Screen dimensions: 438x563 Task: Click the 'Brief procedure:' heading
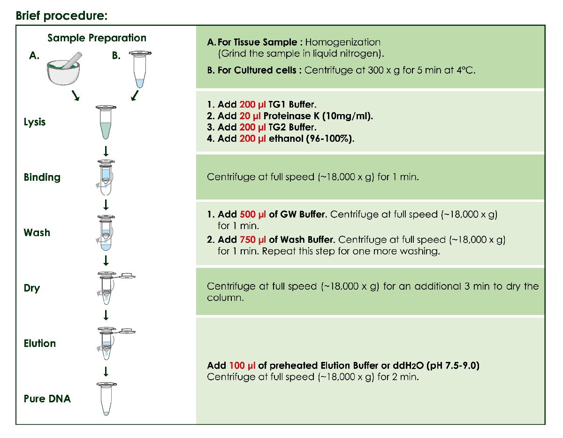click(x=62, y=15)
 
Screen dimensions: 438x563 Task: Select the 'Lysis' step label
click(x=35, y=122)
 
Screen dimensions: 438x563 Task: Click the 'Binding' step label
click(x=42, y=177)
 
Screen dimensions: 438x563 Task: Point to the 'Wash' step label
click(x=37, y=233)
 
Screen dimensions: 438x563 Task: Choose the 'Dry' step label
click(x=32, y=288)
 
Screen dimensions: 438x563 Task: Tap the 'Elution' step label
click(x=40, y=344)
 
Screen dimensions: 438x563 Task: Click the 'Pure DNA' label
click(x=47, y=399)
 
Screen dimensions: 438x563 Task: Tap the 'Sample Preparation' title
click(x=97, y=38)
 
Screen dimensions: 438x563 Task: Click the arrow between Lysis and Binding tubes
click(x=106, y=151)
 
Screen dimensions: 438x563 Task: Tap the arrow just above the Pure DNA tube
click(x=106, y=371)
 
